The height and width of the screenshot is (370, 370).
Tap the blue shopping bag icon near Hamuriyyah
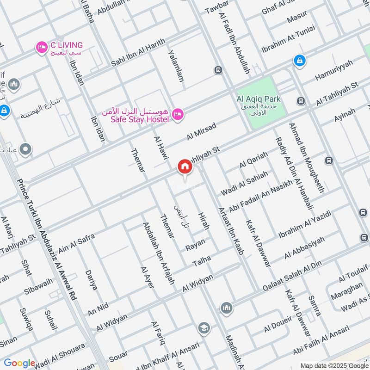(x=300, y=60)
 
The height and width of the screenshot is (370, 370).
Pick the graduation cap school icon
(x=203, y=328)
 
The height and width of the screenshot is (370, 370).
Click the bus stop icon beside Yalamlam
(x=217, y=70)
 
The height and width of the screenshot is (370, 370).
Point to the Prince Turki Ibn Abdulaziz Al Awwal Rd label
(x=46, y=240)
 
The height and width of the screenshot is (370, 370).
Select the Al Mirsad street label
(x=202, y=132)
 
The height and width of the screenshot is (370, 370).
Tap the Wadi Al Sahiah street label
(x=244, y=183)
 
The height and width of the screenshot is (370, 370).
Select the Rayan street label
(x=195, y=245)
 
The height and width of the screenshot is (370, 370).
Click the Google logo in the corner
(x=19, y=363)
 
